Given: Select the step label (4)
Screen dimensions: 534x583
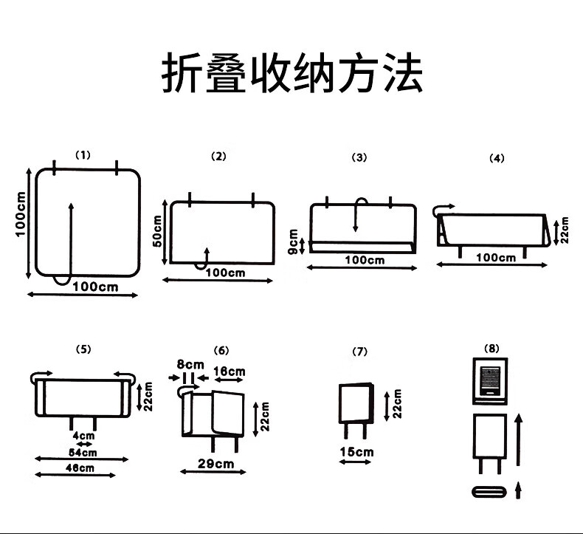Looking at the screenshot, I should [497, 158].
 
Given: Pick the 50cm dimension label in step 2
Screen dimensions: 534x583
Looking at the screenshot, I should [156, 232].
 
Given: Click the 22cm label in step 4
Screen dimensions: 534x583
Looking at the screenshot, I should [565, 230].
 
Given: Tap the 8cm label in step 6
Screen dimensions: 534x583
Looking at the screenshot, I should [190, 364].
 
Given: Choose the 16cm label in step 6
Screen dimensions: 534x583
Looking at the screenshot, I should [229, 371].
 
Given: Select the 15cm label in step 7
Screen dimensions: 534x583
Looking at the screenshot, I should [356, 452].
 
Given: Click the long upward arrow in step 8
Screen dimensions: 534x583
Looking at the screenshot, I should [519, 439].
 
